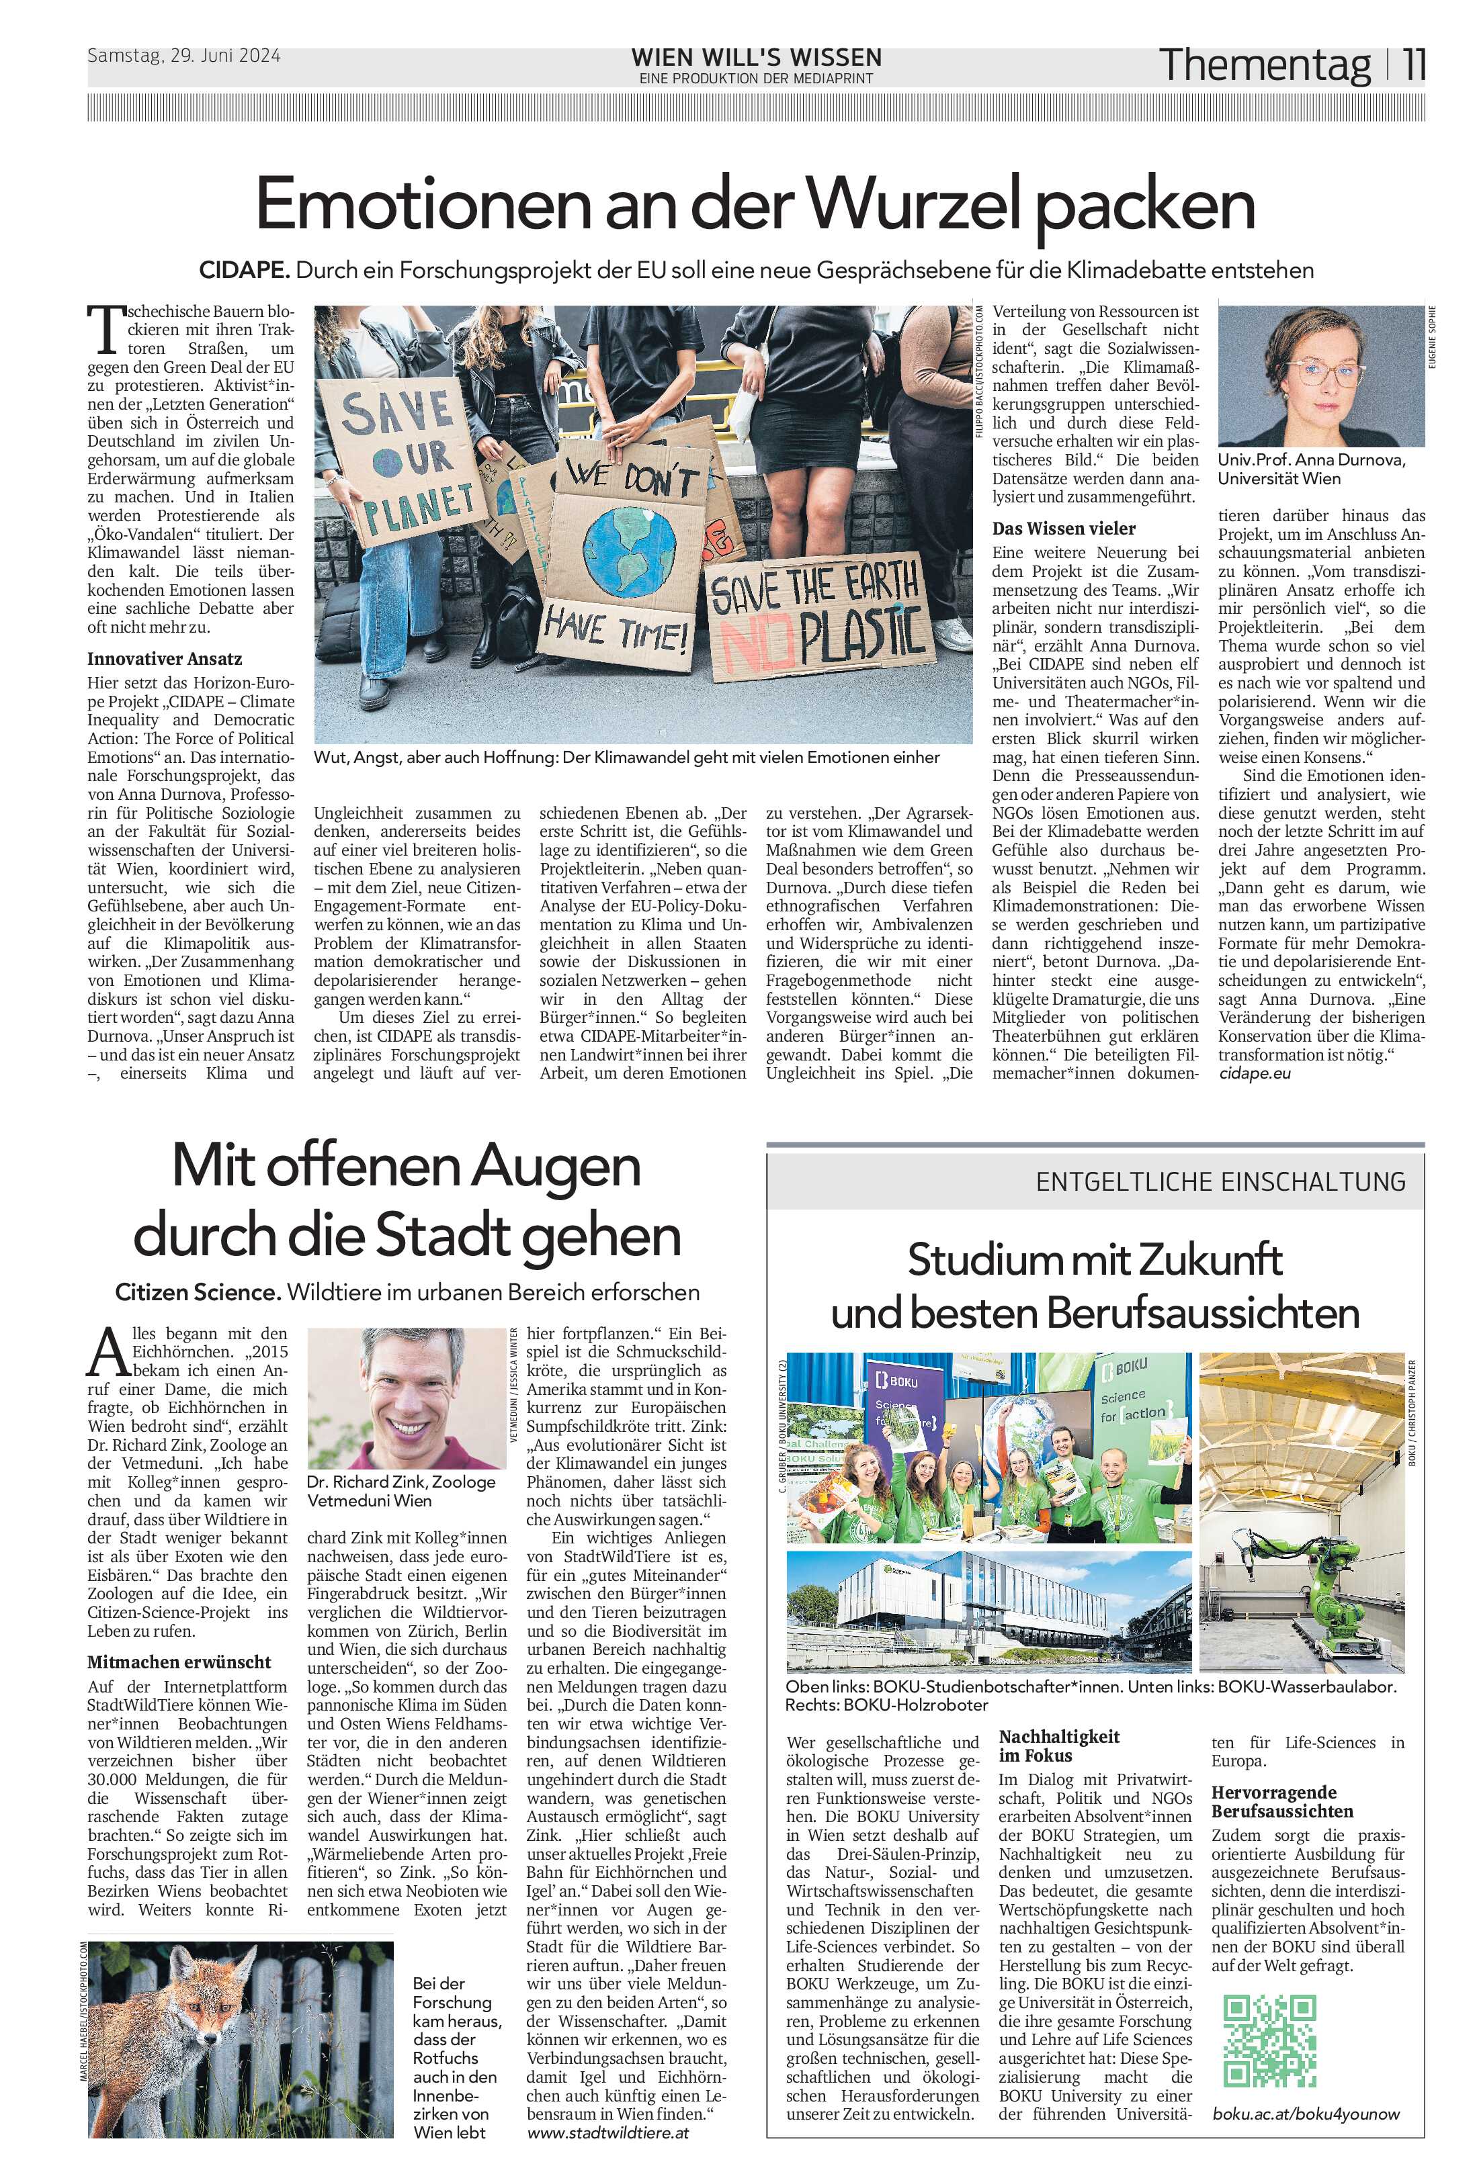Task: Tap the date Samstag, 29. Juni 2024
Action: (184, 55)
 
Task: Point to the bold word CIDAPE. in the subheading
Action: (245, 271)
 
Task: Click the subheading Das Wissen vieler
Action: (1064, 528)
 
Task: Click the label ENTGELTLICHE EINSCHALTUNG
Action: (1220, 1181)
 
